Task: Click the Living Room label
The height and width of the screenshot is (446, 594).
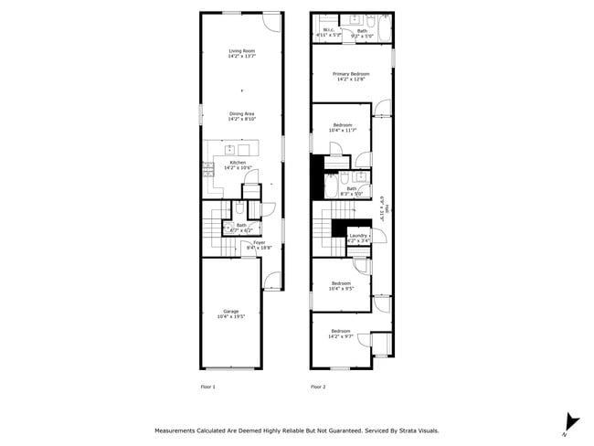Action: (x=241, y=50)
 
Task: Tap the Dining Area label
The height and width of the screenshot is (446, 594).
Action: (x=241, y=113)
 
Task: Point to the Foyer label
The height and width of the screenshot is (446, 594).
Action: (x=247, y=242)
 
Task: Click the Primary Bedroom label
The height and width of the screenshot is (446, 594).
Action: (x=350, y=74)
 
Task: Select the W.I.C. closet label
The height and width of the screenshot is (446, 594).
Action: (x=328, y=29)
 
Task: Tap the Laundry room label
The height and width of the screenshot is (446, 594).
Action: (x=358, y=236)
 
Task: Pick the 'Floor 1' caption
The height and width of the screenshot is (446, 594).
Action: (x=208, y=387)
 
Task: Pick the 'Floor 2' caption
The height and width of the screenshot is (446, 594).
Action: (x=318, y=387)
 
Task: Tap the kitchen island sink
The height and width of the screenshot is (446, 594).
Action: (x=231, y=148)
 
